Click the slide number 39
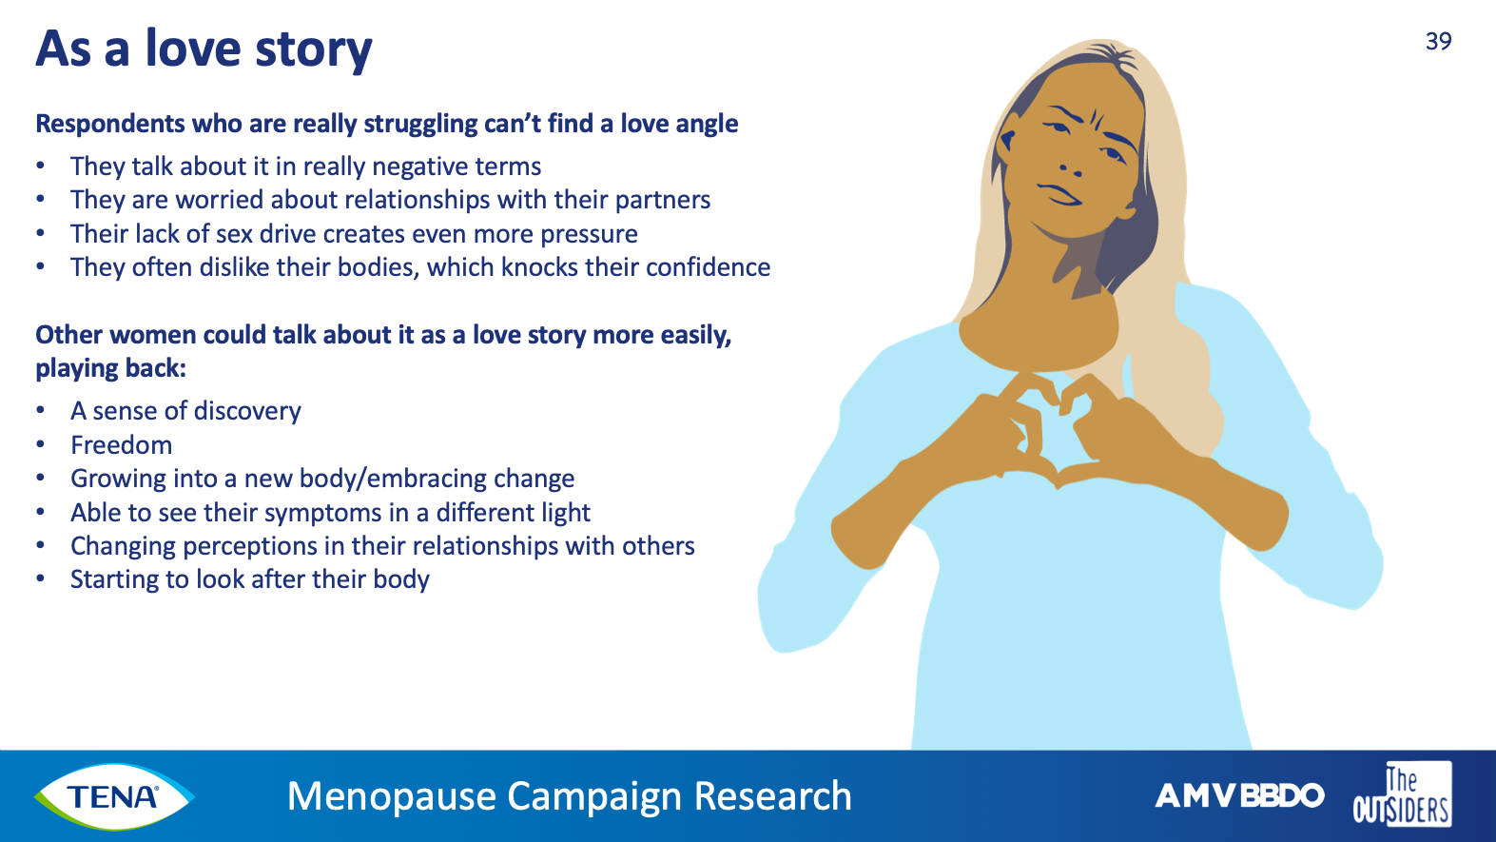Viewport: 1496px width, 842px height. pos(1438,42)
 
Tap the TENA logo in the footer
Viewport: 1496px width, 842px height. pos(114,796)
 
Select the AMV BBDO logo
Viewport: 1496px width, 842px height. pos(1239,795)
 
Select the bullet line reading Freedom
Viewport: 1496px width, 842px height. pos(122,445)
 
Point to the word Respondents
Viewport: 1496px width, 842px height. pos(110,125)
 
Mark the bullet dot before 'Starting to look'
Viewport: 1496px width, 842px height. pos(41,578)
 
